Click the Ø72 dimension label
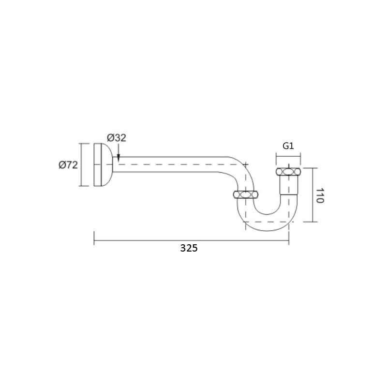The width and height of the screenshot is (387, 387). [x=68, y=164]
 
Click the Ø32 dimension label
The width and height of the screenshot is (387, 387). [x=117, y=138]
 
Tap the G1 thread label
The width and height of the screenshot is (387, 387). [x=288, y=146]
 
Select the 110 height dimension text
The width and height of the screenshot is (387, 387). [x=320, y=195]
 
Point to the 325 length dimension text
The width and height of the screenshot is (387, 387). [x=189, y=248]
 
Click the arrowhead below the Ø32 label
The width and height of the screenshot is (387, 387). [x=119, y=158]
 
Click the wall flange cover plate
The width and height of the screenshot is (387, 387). [x=103, y=164]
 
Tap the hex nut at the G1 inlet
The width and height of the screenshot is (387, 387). [x=288, y=172]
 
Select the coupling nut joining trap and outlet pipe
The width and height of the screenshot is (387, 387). [x=246, y=195]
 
